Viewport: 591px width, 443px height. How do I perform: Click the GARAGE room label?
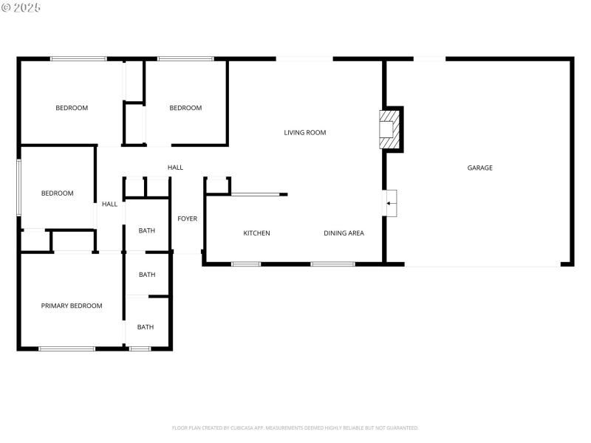(479, 168)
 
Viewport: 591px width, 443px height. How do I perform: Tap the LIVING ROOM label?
(305, 133)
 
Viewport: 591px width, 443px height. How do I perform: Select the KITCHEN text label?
(257, 233)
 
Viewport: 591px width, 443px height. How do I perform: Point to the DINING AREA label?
(344, 233)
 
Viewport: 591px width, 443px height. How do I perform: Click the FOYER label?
(188, 219)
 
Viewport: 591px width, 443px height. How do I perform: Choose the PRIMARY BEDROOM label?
(72, 306)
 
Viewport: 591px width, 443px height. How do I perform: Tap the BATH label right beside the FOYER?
(147, 231)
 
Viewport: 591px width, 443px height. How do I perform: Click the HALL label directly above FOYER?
(175, 168)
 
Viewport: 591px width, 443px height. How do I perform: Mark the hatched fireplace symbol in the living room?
(389, 129)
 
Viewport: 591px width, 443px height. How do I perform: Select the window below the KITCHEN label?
(246, 264)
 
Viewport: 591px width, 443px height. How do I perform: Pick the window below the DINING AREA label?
(332, 264)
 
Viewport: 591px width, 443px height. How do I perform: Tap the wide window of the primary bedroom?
(66, 348)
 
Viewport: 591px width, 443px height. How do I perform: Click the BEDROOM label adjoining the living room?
(185, 109)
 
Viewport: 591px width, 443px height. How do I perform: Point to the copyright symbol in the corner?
(7, 7)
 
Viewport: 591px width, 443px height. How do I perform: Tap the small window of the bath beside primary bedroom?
(140, 348)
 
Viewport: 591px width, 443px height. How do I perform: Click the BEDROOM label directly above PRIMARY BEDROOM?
(57, 193)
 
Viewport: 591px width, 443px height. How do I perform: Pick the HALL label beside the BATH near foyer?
(109, 205)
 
